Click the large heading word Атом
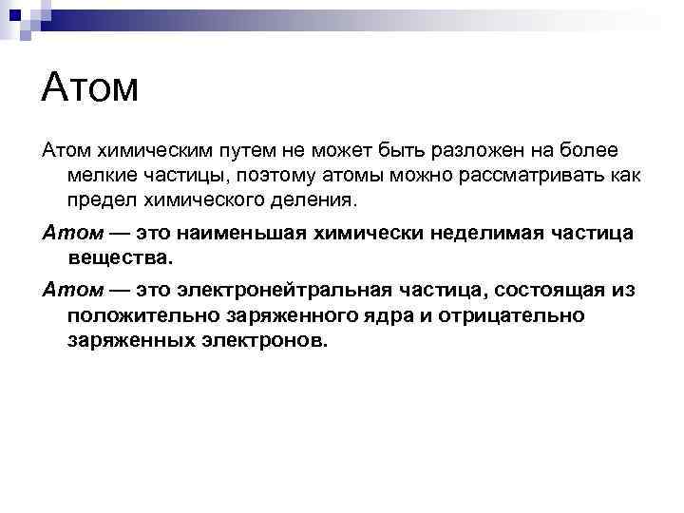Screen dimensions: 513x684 point(90,88)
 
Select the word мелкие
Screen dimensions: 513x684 point(102,176)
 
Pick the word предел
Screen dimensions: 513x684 point(104,200)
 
